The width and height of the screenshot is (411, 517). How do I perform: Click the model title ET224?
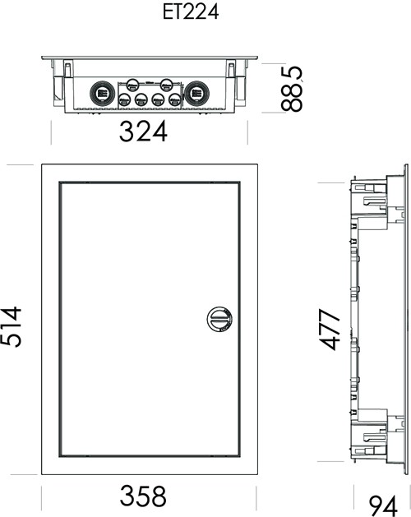click(x=191, y=12)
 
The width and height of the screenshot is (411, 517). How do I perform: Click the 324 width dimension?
click(x=143, y=132)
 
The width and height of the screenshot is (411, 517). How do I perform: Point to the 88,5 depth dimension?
click(x=292, y=89)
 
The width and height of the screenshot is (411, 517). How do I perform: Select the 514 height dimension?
click(x=12, y=326)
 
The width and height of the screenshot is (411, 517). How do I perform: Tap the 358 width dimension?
click(x=143, y=496)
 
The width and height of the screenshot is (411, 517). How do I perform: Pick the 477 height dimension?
click(x=329, y=329)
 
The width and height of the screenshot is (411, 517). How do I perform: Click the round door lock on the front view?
click(x=219, y=319)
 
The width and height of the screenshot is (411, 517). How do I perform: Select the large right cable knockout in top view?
click(x=197, y=93)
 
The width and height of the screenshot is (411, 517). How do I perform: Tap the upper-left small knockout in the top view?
click(x=133, y=85)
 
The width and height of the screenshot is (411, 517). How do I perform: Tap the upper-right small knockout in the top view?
click(x=166, y=85)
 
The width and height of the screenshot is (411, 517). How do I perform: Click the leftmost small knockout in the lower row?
click(x=124, y=99)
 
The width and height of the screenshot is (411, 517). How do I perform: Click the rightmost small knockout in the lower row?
click(x=175, y=99)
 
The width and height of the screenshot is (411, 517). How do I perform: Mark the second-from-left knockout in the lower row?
click(x=141, y=99)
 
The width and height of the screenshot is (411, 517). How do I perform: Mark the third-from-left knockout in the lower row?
click(x=158, y=99)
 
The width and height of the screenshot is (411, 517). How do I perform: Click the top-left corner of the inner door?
click(x=60, y=182)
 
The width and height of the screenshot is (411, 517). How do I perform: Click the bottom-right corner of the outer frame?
click(x=257, y=475)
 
